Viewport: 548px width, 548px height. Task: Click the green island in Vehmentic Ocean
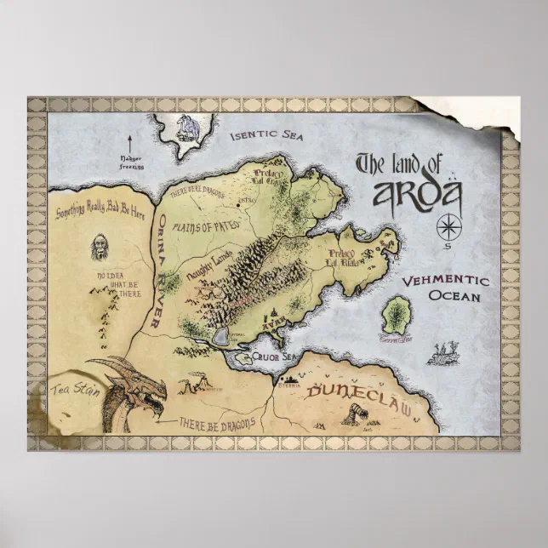coord(397,316)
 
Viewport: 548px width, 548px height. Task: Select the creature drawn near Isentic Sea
coord(185,128)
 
